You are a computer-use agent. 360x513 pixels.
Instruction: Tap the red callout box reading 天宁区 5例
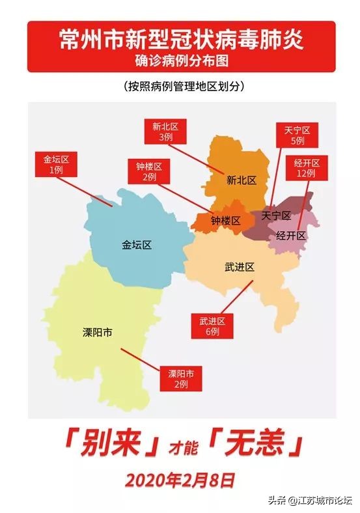pos(297,135)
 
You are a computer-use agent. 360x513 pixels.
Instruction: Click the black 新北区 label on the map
pos(242,180)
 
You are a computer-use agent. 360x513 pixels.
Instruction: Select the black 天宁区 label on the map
pos(275,215)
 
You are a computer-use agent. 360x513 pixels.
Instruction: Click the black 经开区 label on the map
pos(290,236)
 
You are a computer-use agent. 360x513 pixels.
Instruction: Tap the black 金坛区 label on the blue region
pos(137,245)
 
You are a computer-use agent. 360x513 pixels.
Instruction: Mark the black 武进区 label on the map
pos(239,267)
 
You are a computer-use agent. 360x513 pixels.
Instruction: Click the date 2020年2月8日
pos(180,480)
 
